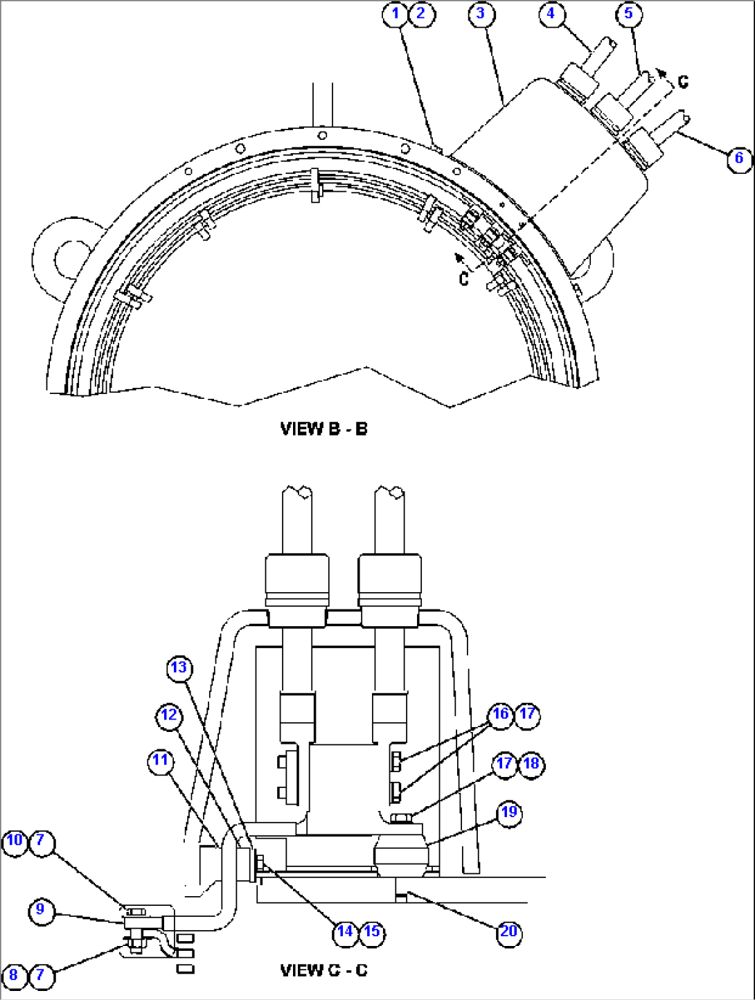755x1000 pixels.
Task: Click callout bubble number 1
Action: pos(396,14)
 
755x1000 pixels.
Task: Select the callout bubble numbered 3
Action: pos(480,14)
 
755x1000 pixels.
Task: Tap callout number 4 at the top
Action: pos(551,14)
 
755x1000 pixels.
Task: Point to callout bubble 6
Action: pos(739,158)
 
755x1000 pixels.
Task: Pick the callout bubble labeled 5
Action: pos(628,14)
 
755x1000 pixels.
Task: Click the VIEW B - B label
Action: pos(323,429)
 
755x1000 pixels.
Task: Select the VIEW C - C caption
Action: pos(323,970)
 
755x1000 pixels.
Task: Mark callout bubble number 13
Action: pos(179,668)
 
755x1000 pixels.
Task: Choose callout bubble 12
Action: pos(170,715)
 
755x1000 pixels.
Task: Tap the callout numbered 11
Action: pos(160,760)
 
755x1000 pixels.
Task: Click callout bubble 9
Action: pos(41,909)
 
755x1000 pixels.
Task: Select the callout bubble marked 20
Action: pos(508,931)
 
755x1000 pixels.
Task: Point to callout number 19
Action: pos(509,812)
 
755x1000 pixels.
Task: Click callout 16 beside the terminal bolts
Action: pos(500,714)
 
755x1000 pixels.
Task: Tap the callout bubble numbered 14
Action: pos(345,931)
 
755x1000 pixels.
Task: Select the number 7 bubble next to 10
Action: pos(41,841)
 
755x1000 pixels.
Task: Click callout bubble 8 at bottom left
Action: pos(14,976)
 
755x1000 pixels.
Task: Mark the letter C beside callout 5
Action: pos(683,82)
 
